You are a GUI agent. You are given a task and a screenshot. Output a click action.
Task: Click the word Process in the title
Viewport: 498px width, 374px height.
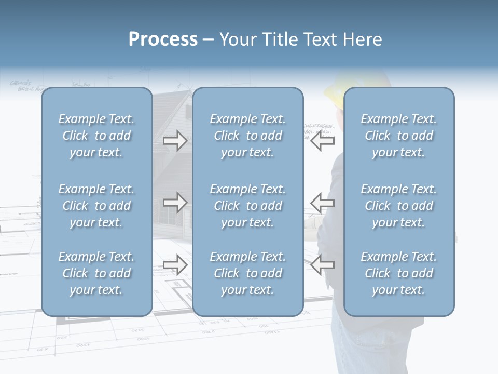163,39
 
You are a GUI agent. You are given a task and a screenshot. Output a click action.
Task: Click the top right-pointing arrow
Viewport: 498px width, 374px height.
175,141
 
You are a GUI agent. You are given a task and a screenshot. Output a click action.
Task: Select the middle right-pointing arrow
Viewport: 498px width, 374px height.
175,203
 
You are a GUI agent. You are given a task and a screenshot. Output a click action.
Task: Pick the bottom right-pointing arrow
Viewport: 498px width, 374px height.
175,265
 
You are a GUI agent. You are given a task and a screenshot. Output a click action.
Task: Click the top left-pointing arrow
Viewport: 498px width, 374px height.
323,141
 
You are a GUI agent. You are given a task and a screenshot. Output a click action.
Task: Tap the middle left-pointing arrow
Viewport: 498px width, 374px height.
323,203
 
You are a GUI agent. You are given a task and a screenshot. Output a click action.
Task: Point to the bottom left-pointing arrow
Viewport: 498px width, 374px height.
323,265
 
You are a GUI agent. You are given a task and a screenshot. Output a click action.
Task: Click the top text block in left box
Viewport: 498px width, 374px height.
96,136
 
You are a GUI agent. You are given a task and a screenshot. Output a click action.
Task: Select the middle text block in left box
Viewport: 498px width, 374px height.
96,206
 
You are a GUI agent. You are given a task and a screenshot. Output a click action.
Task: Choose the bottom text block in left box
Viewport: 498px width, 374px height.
96,273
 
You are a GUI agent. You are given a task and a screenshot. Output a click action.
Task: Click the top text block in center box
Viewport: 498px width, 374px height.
247,136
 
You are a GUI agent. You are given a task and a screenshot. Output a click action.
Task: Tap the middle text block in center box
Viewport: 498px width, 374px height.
247,206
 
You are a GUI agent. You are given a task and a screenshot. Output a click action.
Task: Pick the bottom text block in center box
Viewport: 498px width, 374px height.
247,273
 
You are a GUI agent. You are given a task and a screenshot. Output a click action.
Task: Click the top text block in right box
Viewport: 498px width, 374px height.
399,136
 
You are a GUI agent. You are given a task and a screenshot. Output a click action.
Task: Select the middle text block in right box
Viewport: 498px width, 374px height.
399,206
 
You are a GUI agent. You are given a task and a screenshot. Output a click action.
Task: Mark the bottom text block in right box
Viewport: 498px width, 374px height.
399,273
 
